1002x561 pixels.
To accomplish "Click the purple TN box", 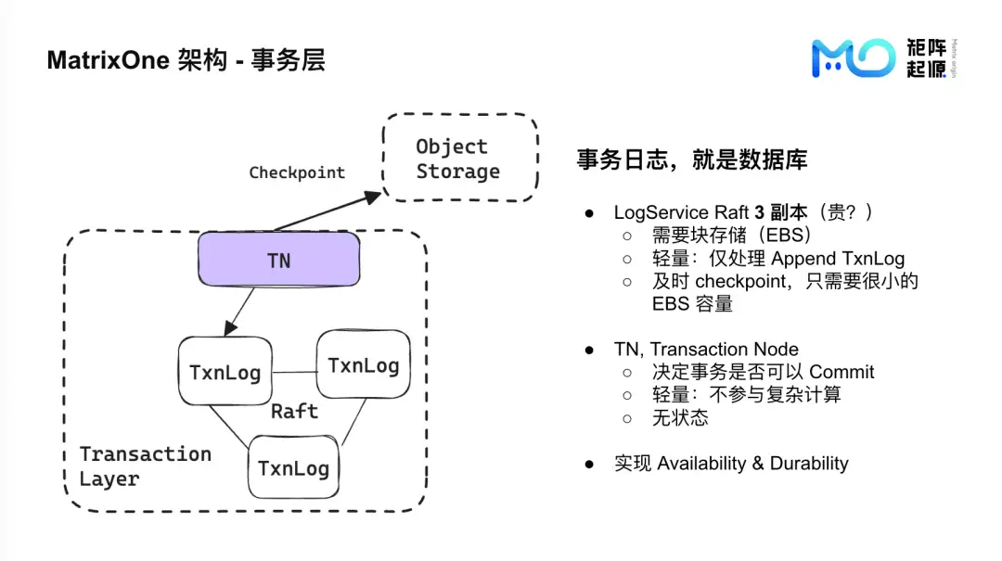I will pos(278,260).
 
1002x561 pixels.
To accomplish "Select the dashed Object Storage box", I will pos(460,159).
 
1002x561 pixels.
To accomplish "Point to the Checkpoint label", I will pos(297,172).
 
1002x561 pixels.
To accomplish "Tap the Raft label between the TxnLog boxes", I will pos(294,411).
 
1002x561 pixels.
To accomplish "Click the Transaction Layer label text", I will pos(146,466).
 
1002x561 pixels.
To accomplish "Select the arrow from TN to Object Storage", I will pos(328,211).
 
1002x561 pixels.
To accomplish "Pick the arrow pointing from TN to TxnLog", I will pos(239,312).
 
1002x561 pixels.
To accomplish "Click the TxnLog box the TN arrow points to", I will pos(225,372).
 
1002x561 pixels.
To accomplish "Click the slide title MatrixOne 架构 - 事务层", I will pos(186,61).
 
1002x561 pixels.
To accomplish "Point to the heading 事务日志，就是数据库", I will pos(692,159).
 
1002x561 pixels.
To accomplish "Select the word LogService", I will pos(659,212).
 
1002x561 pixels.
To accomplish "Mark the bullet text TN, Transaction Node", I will pos(706,350).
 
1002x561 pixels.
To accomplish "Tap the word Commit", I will pos(841,372).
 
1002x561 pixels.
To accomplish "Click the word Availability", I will pos(702,463).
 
